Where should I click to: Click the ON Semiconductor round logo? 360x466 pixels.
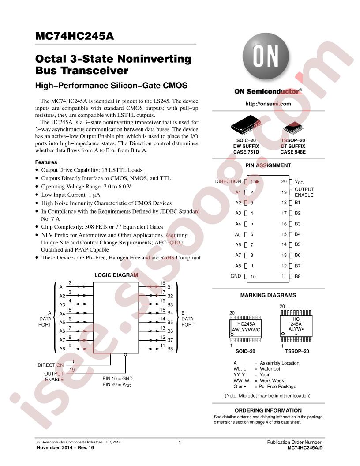(x=266, y=56)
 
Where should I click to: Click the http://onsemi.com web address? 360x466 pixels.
(x=268, y=104)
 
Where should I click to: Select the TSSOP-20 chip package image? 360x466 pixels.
(x=293, y=128)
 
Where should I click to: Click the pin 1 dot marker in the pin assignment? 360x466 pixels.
(x=257, y=181)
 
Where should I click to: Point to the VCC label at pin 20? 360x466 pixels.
(x=299, y=181)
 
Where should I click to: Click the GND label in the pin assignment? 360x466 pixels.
(x=236, y=276)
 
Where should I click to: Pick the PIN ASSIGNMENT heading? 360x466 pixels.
(x=268, y=165)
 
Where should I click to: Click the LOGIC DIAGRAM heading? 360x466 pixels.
(x=116, y=275)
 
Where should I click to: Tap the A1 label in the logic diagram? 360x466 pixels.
(x=62, y=287)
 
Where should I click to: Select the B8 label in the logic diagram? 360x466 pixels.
(x=170, y=349)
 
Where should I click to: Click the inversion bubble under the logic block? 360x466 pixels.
(x=125, y=355)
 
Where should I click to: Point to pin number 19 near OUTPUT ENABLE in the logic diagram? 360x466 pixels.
(x=72, y=370)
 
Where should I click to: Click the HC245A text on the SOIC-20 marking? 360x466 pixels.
(x=246, y=324)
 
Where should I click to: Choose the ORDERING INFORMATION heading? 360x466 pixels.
(x=268, y=410)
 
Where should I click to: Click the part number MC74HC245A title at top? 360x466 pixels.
(x=75, y=36)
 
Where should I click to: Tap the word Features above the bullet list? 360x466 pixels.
(x=46, y=162)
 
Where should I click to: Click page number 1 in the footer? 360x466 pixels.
(x=180, y=442)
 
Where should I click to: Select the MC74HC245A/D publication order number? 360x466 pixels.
(x=305, y=447)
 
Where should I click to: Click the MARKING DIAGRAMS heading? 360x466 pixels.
(x=268, y=295)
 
